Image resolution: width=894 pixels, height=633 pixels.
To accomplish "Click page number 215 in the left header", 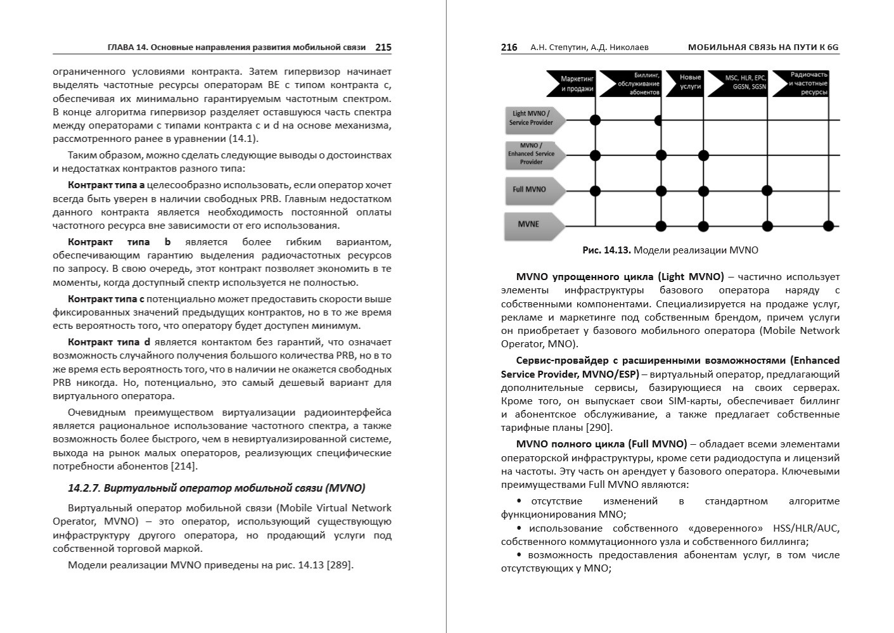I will point(383,47).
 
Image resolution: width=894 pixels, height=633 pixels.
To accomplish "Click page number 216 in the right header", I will point(509,47).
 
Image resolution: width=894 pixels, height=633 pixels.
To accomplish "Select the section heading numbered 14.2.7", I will point(216,488).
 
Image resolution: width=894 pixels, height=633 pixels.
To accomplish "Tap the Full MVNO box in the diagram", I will point(531,190).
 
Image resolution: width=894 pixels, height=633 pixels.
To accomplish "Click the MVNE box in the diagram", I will point(530,225).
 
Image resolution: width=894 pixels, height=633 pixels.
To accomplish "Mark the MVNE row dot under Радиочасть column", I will point(827,226).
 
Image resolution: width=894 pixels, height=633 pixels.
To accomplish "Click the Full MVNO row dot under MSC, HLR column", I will point(767,190).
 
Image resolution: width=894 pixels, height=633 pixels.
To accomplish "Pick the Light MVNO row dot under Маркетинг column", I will point(595,119).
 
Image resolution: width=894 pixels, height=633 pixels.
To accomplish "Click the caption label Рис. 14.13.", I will point(606,250).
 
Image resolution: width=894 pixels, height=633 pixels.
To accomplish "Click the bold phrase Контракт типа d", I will point(109,342).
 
